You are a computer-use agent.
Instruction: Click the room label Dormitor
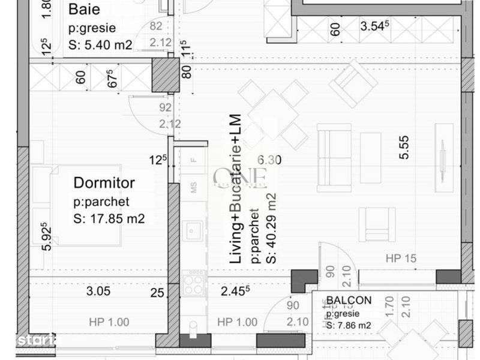point(104,182)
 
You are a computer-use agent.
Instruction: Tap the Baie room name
point(84,10)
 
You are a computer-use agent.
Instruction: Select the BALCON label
point(349,301)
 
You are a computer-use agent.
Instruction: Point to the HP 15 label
point(401,259)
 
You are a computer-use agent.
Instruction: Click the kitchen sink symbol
point(193,230)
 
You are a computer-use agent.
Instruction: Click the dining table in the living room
point(273,114)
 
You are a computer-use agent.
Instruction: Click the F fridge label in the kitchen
point(193,160)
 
